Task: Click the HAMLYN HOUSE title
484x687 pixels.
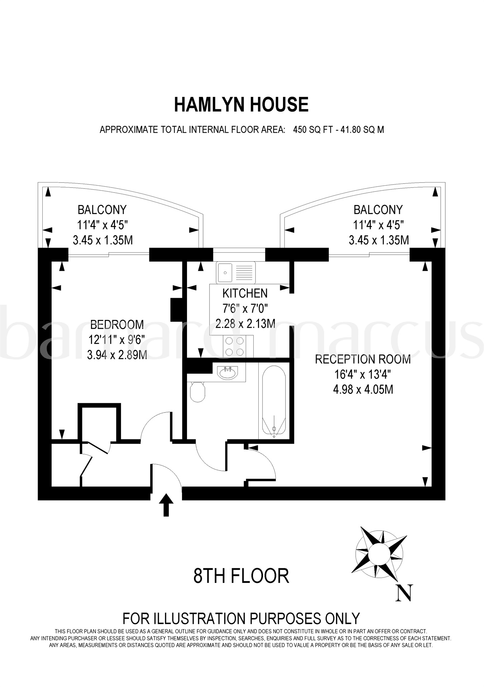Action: click(241, 105)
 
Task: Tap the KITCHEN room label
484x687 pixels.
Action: click(245, 293)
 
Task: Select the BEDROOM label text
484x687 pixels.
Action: click(117, 325)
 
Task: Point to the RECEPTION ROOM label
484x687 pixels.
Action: click(363, 359)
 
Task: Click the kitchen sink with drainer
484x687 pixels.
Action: click(236, 273)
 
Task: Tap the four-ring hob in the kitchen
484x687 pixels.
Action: click(235, 346)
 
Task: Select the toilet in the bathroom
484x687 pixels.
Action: click(197, 392)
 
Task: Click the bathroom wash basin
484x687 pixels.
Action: click(227, 373)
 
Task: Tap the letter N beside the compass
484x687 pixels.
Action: click(404, 593)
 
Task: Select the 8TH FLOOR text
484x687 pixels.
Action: click(241, 576)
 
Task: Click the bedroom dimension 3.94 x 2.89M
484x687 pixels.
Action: click(117, 355)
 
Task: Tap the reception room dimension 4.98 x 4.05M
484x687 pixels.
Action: click(363, 389)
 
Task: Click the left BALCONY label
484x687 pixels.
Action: click(102, 210)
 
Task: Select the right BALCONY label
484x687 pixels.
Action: click(378, 210)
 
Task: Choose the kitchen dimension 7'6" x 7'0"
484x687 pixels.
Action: click(245, 308)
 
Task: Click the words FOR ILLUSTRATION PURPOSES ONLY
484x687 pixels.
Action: click(241, 618)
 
